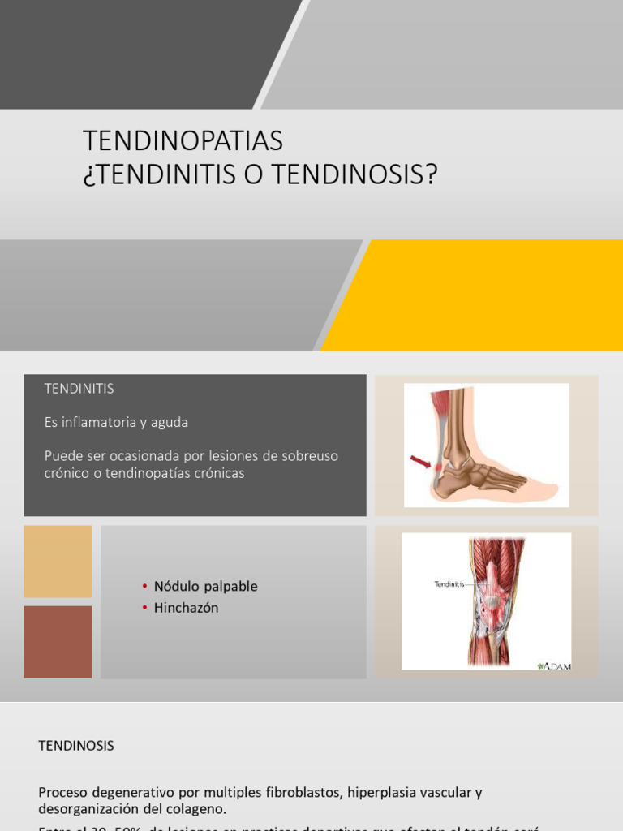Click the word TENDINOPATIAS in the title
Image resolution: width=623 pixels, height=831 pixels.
tap(183, 141)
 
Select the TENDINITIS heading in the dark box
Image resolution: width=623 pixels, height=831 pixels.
tap(79, 389)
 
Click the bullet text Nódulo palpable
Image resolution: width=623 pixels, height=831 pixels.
tap(205, 586)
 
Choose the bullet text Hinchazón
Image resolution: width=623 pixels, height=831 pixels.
tap(186, 608)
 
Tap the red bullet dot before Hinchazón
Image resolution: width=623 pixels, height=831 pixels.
tap(144, 608)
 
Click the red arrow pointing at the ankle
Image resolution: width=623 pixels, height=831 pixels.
tap(420, 462)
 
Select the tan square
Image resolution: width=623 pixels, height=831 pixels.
tap(58, 561)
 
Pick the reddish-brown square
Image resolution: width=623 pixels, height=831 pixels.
tap(58, 641)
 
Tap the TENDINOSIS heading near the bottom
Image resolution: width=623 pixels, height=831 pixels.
tap(76, 746)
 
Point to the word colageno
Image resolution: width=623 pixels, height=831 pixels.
tap(197, 809)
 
